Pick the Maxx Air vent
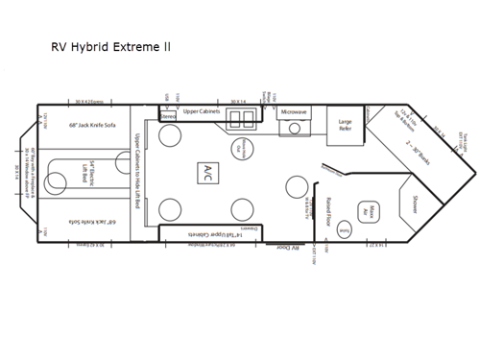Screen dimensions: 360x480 coord(365,211)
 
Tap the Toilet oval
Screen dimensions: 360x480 coord(345,231)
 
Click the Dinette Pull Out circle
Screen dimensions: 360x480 coord(245,147)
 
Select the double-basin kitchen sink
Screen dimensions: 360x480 coord(243,116)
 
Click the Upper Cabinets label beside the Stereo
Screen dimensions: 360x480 coord(202,110)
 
